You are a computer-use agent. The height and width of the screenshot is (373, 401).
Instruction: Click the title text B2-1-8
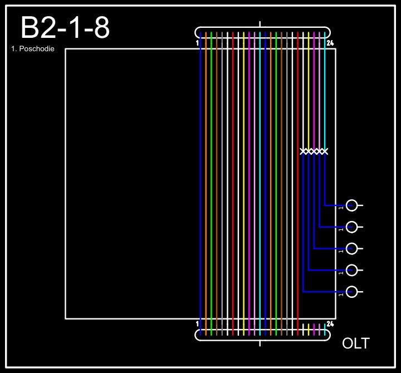(x=65, y=28)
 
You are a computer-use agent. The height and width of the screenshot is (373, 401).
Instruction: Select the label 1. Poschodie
(x=33, y=49)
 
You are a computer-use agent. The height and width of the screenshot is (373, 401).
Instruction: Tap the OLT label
(x=355, y=343)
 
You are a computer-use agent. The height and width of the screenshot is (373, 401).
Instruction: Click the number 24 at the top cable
(x=330, y=42)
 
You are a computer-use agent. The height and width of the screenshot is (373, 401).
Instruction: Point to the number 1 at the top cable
(x=198, y=42)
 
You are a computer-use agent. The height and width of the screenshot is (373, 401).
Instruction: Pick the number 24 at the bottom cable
(x=330, y=323)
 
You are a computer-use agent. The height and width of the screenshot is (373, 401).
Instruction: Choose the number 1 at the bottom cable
(x=198, y=323)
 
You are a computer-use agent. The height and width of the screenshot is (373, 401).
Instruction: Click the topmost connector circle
(x=351, y=205)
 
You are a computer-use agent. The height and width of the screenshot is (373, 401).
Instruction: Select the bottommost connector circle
(x=351, y=292)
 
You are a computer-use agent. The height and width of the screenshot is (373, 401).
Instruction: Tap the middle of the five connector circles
(x=351, y=248)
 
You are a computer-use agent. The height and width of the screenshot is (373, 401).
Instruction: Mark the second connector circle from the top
(x=351, y=227)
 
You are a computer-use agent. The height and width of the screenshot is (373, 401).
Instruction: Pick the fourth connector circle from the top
(x=351, y=270)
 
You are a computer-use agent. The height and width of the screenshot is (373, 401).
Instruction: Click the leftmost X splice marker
(x=304, y=151)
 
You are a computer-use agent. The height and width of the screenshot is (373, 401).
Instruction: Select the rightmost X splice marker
(x=325, y=151)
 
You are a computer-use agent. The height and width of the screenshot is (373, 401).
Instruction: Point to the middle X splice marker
(x=314, y=151)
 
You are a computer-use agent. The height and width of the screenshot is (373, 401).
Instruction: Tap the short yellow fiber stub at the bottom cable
(x=309, y=329)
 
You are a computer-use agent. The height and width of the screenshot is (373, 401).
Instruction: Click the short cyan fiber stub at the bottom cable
(x=325, y=329)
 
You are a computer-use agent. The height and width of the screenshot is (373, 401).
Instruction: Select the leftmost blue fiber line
(x=200, y=184)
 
